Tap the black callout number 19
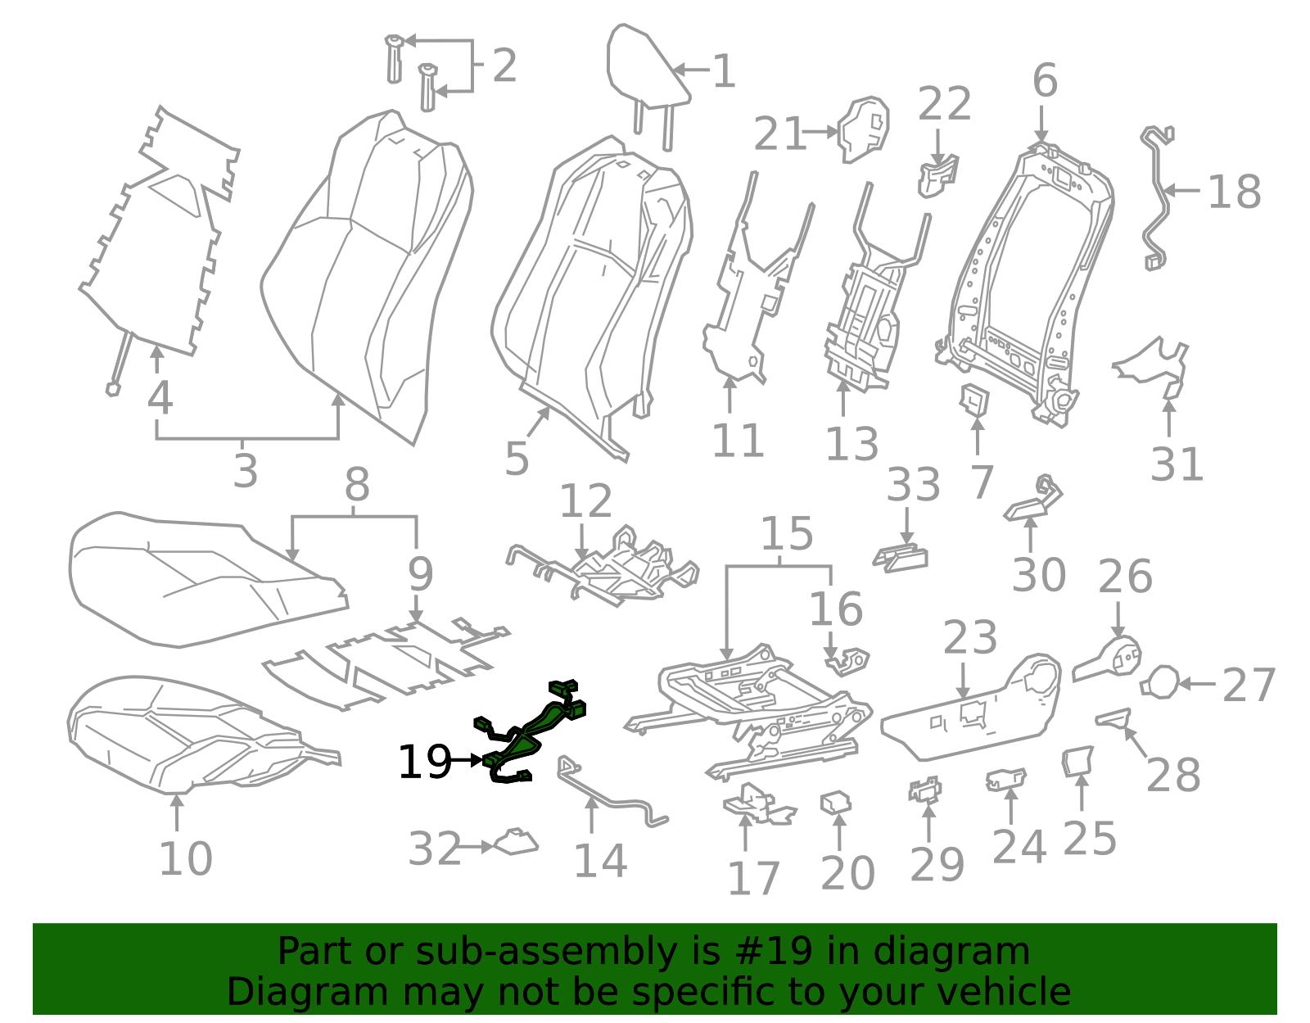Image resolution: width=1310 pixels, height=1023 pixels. point(423,763)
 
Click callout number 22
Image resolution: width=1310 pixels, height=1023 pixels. point(944,105)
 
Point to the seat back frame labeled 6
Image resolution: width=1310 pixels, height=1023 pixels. point(1030,278)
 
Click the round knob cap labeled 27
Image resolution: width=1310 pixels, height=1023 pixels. point(1160,682)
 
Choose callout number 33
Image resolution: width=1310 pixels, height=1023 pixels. point(913,486)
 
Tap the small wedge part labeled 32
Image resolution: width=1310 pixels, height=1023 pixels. point(517,843)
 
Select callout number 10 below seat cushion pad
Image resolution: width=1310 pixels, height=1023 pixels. point(186,859)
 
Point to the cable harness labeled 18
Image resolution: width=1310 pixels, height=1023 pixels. point(1157,197)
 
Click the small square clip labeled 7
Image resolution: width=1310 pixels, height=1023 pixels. point(974,399)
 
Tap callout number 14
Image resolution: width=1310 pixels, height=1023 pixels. point(600,862)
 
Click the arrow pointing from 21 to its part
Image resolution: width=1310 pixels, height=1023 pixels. point(821,131)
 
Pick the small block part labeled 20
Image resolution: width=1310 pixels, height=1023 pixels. point(835,802)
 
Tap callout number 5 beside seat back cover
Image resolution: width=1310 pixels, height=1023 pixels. point(517,459)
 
